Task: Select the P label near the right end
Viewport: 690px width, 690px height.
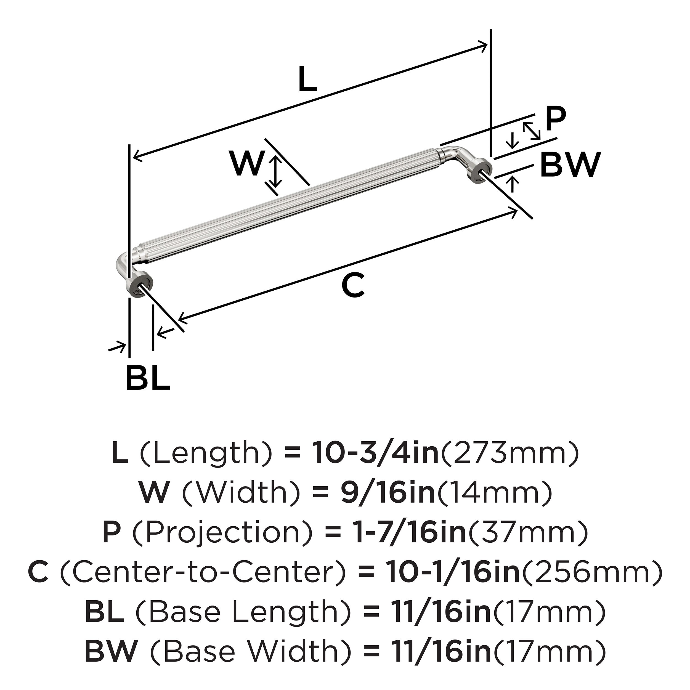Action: click(x=556, y=119)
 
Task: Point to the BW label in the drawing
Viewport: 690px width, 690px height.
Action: click(x=570, y=165)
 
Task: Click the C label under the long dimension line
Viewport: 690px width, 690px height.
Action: click(x=353, y=285)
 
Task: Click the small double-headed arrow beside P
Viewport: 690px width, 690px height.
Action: click(x=531, y=131)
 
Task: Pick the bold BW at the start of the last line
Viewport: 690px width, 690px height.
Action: click(x=111, y=651)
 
